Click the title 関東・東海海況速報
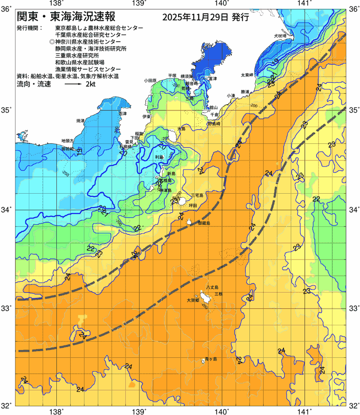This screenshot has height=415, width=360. point(69,17)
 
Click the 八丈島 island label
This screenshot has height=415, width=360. point(215,287)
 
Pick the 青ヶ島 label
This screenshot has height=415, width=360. point(210,359)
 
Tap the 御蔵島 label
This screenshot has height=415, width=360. point(204,223)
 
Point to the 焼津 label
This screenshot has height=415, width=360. point(80,120)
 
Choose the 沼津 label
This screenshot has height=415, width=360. point(122,113)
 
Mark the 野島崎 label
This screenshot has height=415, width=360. point(214,124)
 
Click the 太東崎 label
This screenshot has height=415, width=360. point(246,74)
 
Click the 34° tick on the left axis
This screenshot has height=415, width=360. point(7,210)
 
